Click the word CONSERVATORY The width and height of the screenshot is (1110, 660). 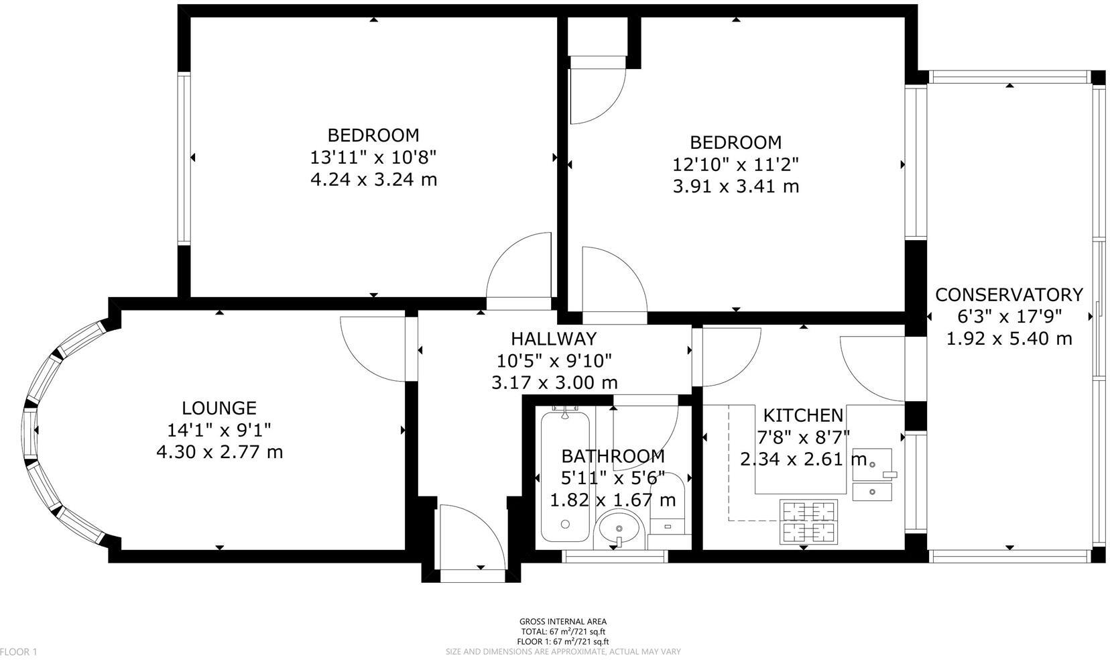1008,294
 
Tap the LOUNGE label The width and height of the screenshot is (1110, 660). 219,408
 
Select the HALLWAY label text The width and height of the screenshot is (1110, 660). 553,339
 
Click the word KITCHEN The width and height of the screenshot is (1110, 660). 803,415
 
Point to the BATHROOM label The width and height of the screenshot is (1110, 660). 613,456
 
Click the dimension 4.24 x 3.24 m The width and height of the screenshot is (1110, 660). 373,180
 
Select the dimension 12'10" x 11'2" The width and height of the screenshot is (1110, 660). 735,164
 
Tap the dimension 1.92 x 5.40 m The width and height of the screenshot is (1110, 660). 1008,339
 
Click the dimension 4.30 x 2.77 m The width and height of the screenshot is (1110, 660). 219,451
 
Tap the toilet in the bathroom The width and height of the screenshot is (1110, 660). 667,510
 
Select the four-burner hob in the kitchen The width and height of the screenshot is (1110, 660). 808,521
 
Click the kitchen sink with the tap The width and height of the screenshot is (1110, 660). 871,464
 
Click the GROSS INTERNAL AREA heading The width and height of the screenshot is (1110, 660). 562,622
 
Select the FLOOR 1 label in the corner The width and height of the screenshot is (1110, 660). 19,651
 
